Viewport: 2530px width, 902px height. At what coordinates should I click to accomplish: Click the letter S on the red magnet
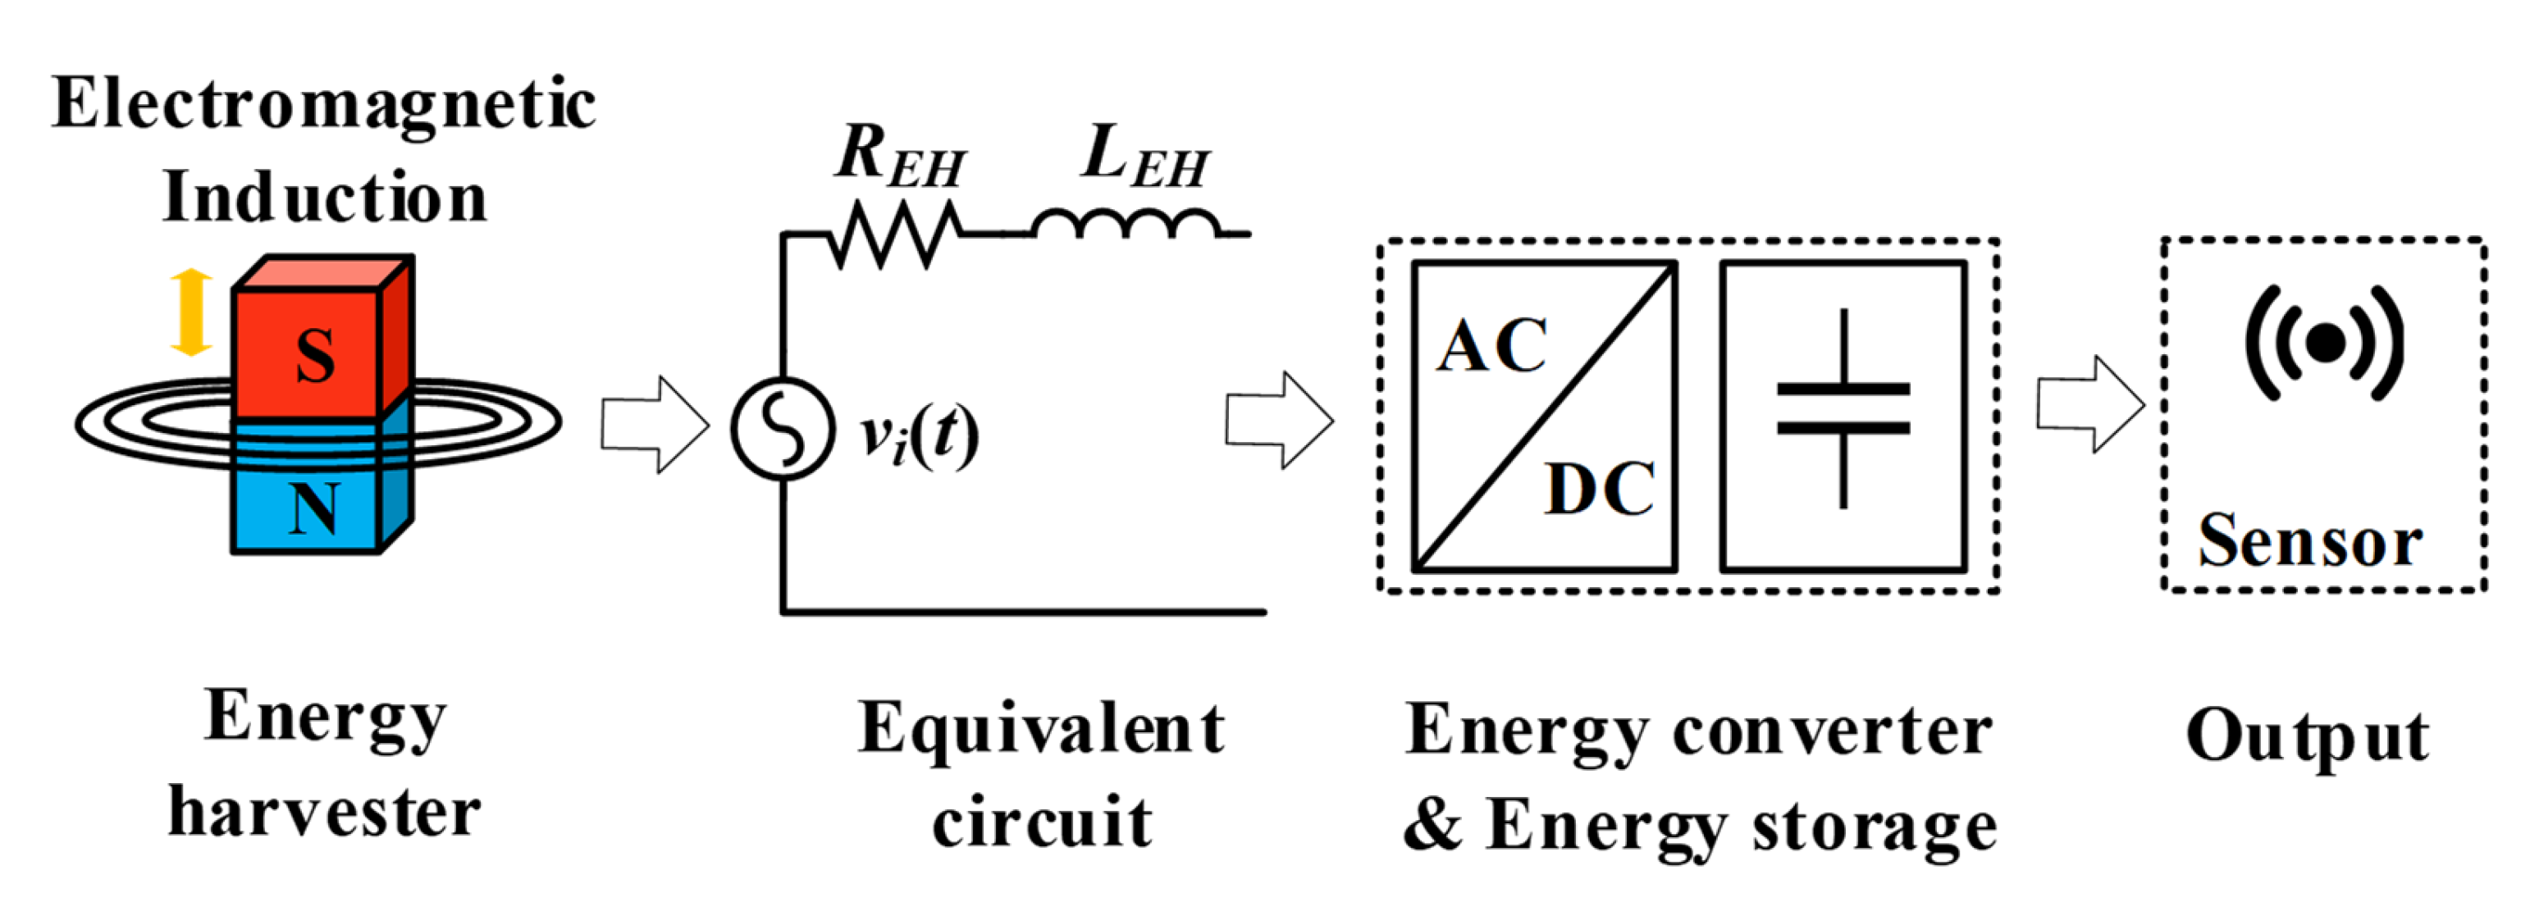315,355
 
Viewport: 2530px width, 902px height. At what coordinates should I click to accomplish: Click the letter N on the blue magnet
314,509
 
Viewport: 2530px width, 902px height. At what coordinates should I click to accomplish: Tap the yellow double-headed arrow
190,312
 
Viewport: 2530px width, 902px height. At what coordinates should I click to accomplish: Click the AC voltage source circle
783,428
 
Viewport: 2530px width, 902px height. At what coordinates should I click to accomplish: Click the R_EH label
898,157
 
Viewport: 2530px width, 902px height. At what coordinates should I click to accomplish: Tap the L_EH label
1144,157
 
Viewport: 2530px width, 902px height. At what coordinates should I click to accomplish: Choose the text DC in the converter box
1600,489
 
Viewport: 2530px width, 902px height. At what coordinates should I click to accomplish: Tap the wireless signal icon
2324,344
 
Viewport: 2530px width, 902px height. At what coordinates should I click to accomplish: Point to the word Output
2307,737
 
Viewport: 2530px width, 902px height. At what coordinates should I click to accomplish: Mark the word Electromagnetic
323,104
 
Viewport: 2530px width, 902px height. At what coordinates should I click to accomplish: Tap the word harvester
324,813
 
